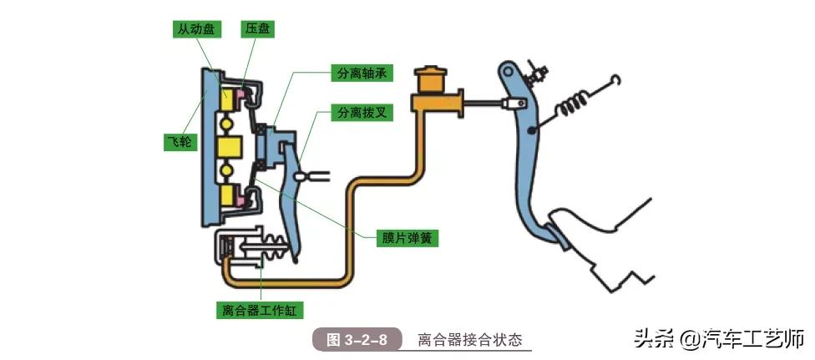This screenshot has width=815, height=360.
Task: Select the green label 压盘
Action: [256, 29]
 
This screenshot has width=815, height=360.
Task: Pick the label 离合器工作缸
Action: [259, 311]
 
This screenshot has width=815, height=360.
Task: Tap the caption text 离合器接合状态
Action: [469, 340]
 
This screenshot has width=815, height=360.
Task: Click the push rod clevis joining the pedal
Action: [511, 104]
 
